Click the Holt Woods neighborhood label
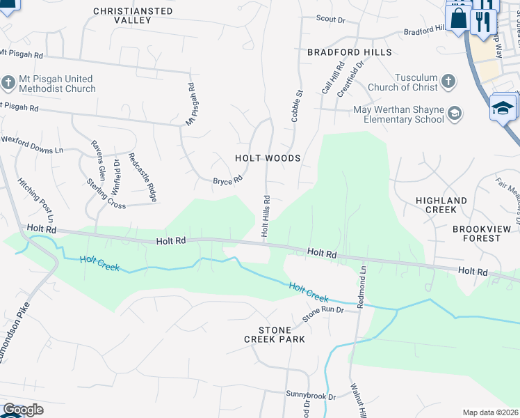[x=267, y=158]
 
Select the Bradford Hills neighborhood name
[x=350, y=52]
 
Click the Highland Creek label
[x=441, y=205]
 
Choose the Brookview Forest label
[x=476, y=233]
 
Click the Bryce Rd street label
[x=227, y=180]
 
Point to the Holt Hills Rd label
[x=265, y=215]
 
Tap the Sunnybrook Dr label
[x=311, y=395]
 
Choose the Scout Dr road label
[x=330, y=20]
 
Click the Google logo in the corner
[x=22, y=410]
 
